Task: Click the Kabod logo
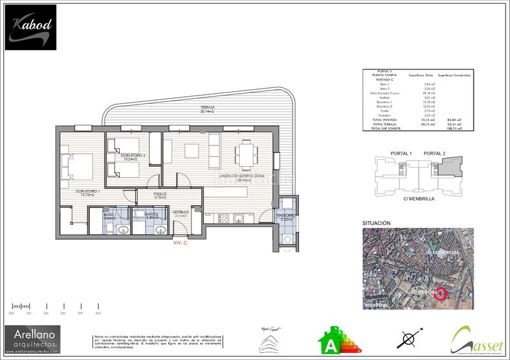click(31, 27)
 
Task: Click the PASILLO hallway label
click(160, 195)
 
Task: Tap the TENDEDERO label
click(286, 217)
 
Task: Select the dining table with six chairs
click(245, 153)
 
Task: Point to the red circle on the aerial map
click(440, 294)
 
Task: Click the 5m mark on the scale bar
click(98, 313)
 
